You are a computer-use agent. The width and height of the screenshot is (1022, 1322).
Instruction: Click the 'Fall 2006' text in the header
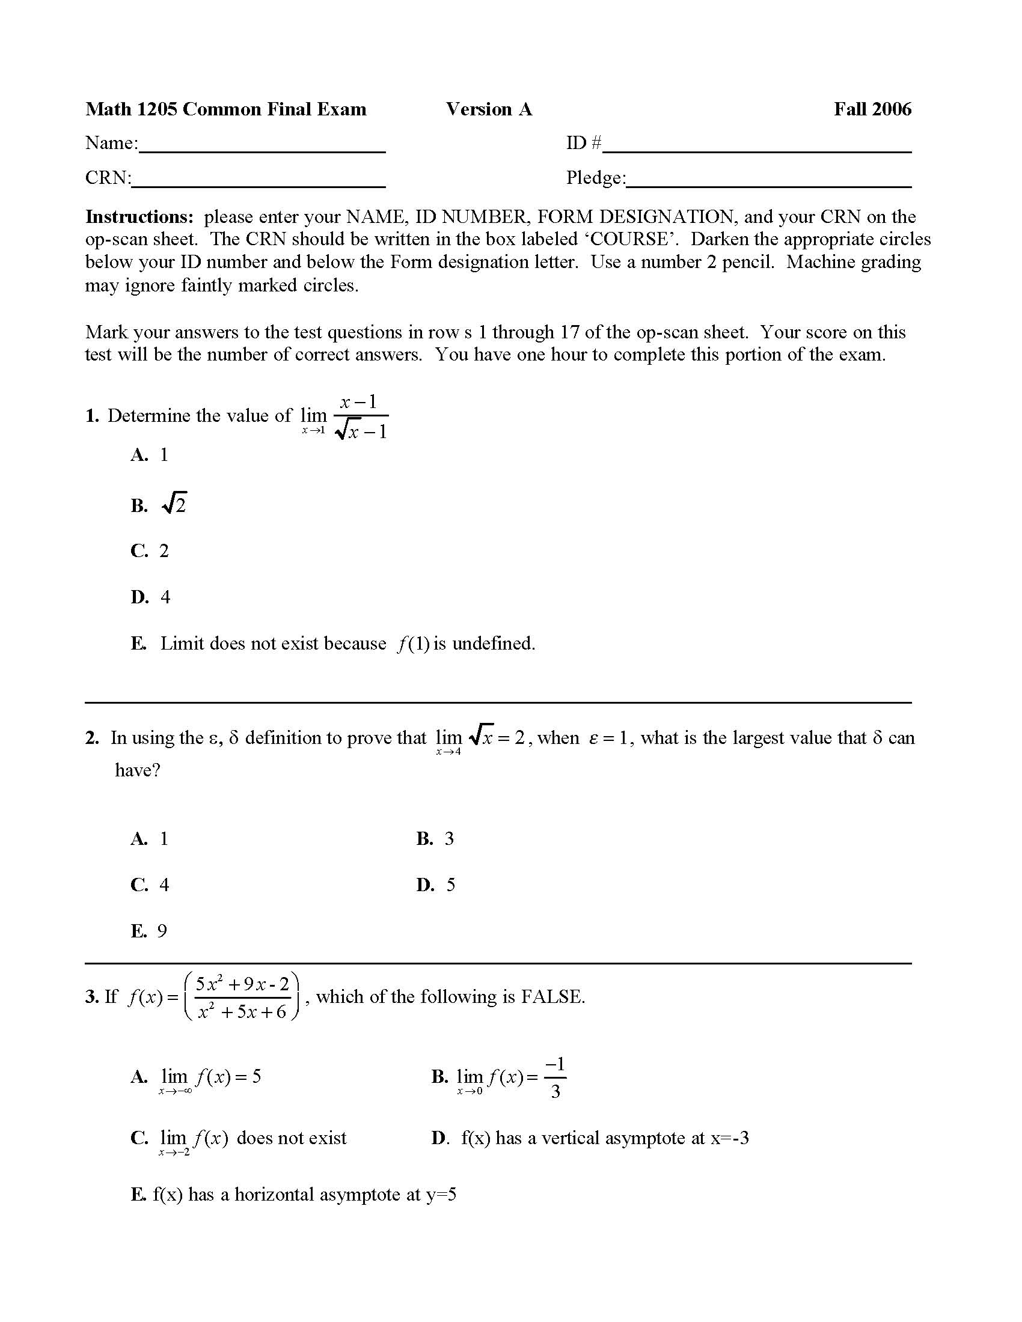872,109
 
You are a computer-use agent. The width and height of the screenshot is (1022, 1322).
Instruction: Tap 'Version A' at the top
489,109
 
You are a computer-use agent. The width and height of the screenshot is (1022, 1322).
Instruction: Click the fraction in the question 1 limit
361,416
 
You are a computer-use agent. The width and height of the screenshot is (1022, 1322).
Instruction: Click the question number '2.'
92,738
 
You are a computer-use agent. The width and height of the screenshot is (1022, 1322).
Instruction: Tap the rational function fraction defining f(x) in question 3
242,997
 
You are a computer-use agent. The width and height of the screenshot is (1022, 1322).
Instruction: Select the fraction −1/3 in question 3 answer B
555,1077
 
